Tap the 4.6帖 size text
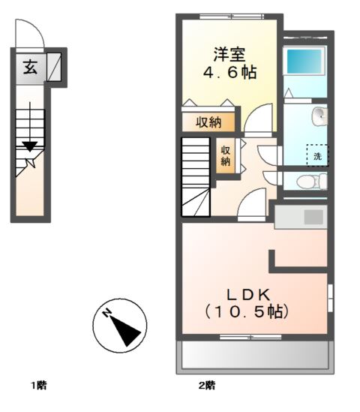pyautogui.click(x=230, y=74)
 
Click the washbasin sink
pyautogui.click(x=320, y=116)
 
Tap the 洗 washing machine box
pyautogui.click(x=317, y=155)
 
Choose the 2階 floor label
pyautogui.click(x=207, y=386)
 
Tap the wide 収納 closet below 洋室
pyautogui.click(x=208, y=122)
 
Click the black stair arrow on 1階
pyautogui.click(x=29, y=145)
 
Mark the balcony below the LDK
pyautogui.click(x=254, y=356)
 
